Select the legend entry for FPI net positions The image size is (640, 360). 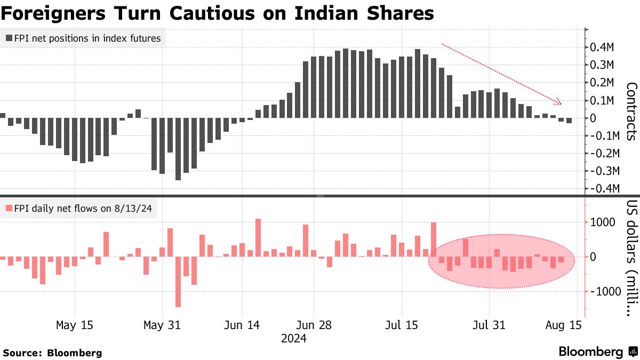(82, 38)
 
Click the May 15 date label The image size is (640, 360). (74, 324)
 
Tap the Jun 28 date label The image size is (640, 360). (313, 324)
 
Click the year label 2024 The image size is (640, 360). (293, 338)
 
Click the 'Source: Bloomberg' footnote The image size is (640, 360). (52, 353)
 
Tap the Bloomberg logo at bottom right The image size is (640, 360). (598, 351)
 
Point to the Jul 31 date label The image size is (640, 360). (489, 324)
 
